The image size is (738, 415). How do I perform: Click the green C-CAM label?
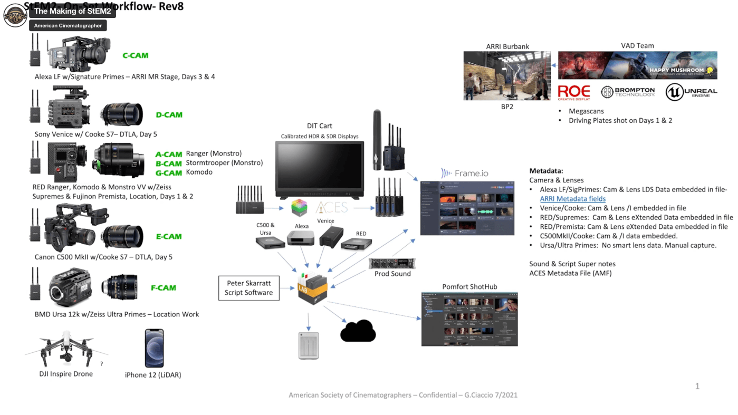pos(136,55)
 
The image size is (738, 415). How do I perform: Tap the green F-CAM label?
pos(163,288)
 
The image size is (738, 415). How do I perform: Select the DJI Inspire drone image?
pos(66,349)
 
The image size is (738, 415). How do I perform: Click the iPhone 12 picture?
pos(154,348)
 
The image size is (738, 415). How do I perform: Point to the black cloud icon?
pos(358,331)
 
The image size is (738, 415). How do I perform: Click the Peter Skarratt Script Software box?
pos(248,288)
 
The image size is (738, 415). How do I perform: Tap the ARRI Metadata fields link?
pos(572,199)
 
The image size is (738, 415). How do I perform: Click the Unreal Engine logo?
pos(691,92)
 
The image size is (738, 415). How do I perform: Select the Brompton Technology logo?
pos(628,92)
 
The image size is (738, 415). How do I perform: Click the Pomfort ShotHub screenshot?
pos(469,319)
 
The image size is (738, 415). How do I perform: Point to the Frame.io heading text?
pos(466,173)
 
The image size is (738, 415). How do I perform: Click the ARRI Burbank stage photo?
pos(506,75)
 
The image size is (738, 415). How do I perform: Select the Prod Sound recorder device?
pos(392,263)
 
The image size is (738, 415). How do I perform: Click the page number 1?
pos(697,387)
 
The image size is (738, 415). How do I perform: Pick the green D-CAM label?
pos(169,114)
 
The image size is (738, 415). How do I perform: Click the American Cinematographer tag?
pos(68,25)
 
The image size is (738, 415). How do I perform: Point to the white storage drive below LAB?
pos(309,346)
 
